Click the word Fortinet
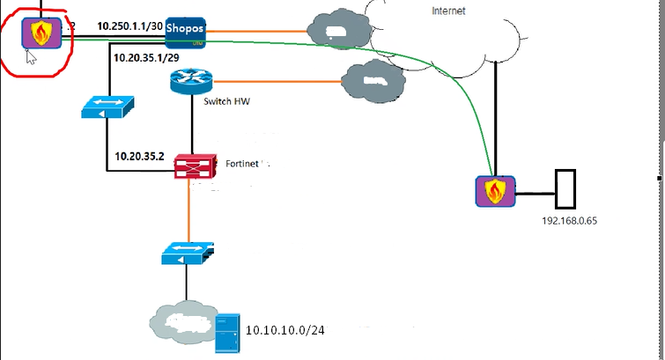(242, 164)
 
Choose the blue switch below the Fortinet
(186, 254)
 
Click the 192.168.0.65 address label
(564, 219)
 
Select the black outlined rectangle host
(564, 187)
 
